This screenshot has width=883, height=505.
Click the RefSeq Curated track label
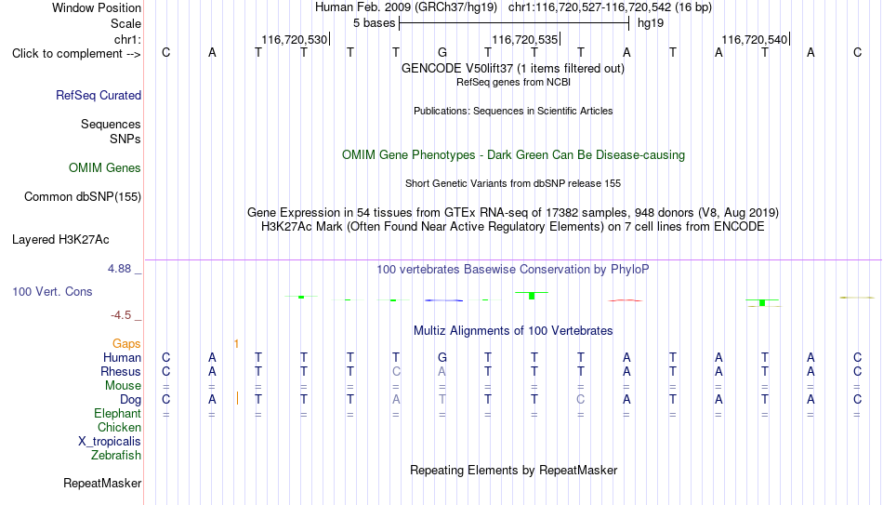coord(99,95)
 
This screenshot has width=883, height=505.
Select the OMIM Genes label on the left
coord(105,168)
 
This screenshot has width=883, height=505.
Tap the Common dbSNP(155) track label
coord(83,197)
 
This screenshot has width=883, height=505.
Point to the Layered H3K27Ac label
coord(60,240)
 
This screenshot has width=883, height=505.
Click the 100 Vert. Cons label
coord(52,291)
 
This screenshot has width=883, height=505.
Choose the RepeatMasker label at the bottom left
coord(102,483)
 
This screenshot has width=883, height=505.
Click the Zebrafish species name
coord(116,455)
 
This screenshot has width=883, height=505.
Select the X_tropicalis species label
coord(110,442)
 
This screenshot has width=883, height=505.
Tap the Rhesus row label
coord(121,371)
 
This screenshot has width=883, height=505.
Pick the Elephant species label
coord(117,413)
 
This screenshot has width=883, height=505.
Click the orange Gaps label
coord(126,344)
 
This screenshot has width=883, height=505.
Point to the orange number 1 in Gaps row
coord(236,344)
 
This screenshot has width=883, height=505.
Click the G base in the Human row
coord(442,357)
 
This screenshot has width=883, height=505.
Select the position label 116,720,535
coord(525,39)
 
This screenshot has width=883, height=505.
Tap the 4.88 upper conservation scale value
coord(119,269)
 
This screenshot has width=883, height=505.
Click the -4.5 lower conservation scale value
coord(121,315)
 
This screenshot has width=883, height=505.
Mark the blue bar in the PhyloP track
coord(443,300)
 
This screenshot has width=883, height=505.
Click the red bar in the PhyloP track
coord(626,300)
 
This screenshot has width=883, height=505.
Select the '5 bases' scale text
coord(374,23)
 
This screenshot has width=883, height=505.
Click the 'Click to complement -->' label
coord(76,54)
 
